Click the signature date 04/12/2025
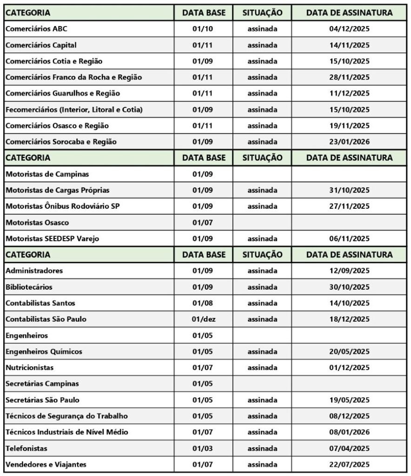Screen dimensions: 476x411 coord(349,29)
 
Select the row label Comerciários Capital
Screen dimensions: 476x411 coord(41,45)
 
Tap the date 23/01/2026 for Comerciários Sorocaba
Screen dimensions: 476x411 coord(349,142)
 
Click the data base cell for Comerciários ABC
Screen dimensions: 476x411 coord(203,29)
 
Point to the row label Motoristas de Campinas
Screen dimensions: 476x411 coord(47,174)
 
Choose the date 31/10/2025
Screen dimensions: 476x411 coord(349,190)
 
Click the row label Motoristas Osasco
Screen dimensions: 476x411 coord(37,223)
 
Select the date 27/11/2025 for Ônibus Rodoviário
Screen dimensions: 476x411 coord(349,206)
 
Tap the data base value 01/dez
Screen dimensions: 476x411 coord(203,319)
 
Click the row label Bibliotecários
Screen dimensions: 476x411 coord(29,287)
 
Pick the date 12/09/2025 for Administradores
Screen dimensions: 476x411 coord(349,271)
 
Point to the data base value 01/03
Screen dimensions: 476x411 coord(203,448)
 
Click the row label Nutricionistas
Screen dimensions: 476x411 coord(29,368)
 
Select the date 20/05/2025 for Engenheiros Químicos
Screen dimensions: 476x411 coord(349,351)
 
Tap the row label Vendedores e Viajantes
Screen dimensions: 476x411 coord(46,464)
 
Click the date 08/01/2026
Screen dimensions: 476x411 coord(349,432)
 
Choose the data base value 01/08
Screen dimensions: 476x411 coord(203,303)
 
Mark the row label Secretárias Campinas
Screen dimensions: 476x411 coord(42,383)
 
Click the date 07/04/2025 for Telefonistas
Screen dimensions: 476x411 coord(349,448)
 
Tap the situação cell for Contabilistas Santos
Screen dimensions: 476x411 coord(262,303)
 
